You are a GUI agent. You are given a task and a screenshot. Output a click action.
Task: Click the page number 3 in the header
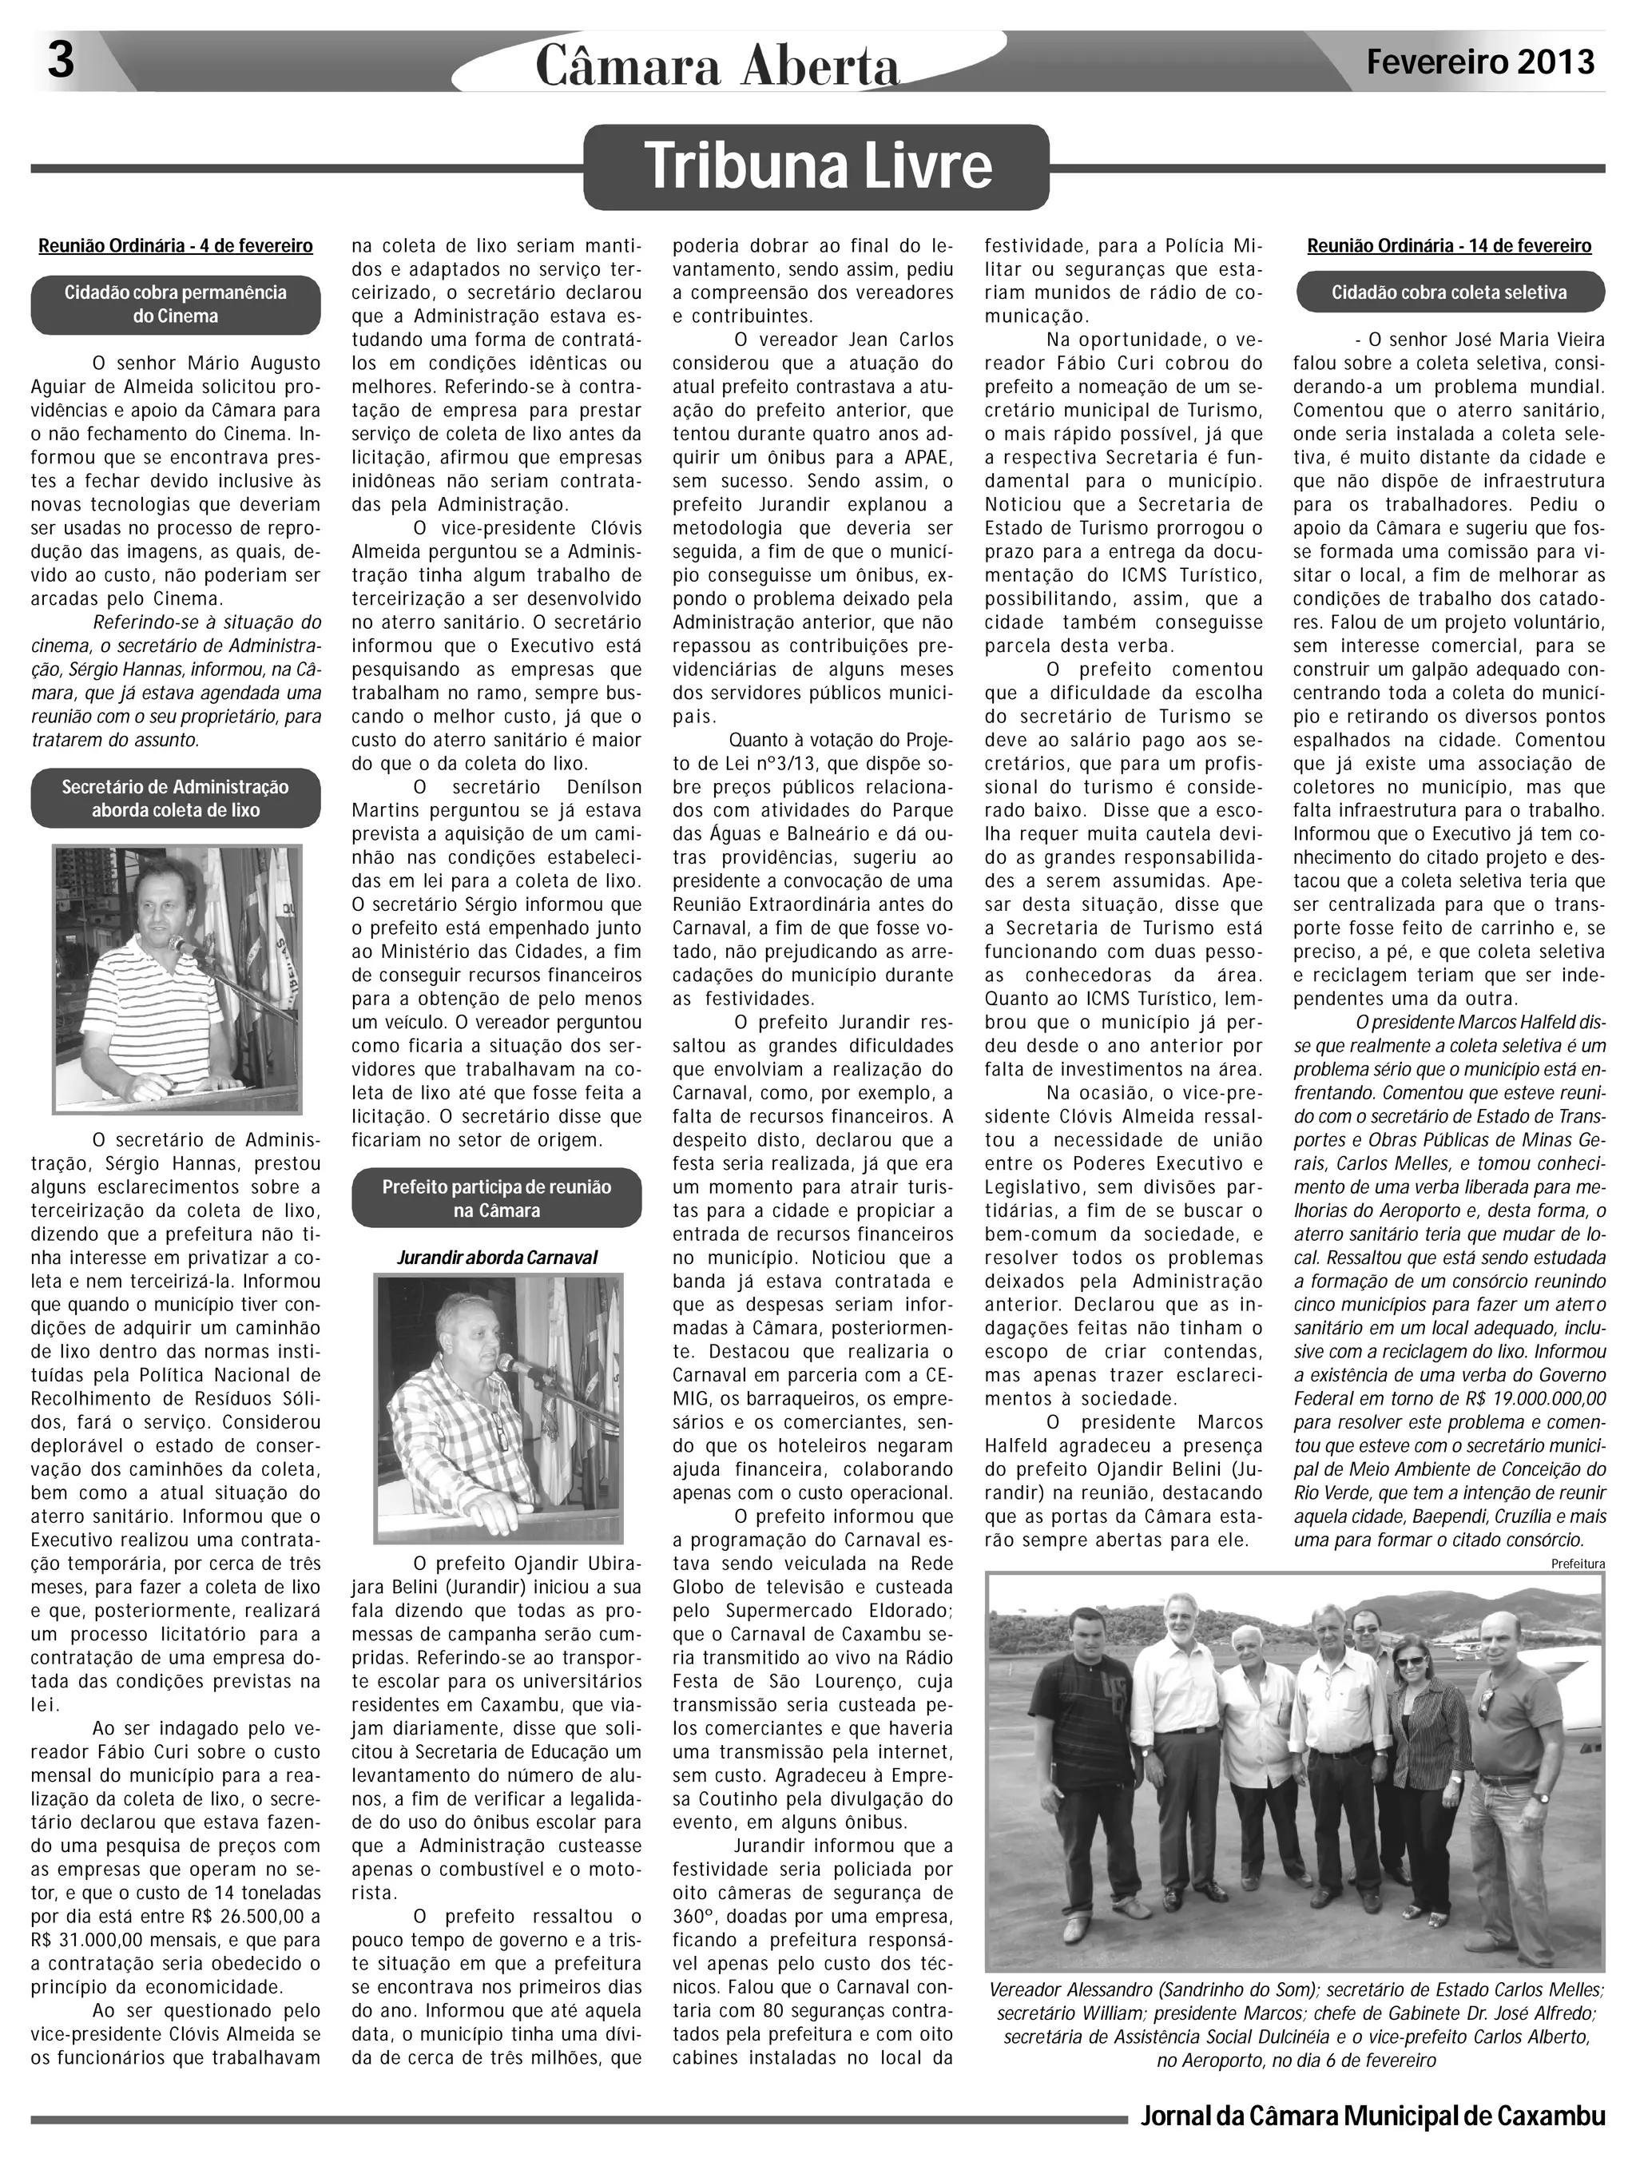point(61,62)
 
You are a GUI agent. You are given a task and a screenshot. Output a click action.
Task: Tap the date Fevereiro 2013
point(1480,62)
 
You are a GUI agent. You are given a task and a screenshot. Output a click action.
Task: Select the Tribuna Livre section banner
point(817,167)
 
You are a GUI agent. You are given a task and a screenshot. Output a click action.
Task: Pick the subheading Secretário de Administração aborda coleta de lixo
point(176,798)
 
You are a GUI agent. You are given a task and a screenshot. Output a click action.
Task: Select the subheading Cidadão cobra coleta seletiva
point(1449,292)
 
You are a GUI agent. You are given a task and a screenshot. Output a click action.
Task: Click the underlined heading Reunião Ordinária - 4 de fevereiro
point(176,246)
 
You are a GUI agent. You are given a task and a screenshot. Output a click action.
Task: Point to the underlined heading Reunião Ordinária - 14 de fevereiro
point(1449,246)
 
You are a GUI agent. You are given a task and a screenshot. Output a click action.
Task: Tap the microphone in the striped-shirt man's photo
point(182,944)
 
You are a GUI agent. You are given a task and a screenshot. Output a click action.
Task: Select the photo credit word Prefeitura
point(1578,1564)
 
